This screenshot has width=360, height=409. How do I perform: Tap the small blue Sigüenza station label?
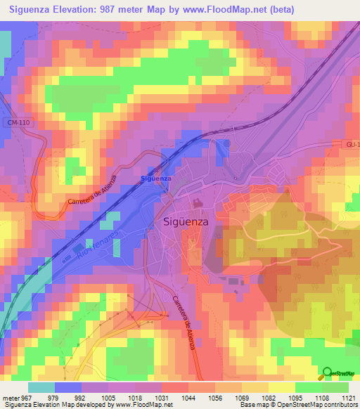(x=155, y=179)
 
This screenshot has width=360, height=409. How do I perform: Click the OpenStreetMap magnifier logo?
(x=328, y=375)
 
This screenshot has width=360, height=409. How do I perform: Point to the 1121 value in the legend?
(x=348, y=397)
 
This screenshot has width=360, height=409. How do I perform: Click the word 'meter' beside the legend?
(x=10, y=397)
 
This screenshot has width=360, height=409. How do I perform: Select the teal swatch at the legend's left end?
(x=41, y=387)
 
